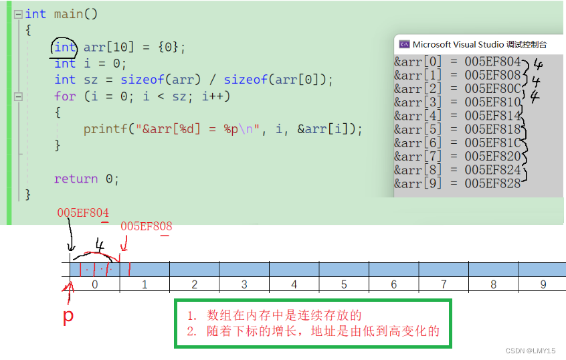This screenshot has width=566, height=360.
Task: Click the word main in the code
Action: pyautogui.click(x=68, y=14)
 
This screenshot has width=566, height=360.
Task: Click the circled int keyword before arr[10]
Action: pyautogui.click(x=65, y=48)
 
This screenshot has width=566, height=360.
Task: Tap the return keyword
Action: pyautogui.click(x=76, y=179)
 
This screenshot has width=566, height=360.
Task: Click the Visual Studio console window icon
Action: pyautogui.click(x=404, y=44)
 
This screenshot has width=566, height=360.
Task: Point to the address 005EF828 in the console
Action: pyautogui.click(x=492, y=183)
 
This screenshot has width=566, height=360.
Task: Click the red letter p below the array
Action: pyautogui.click(x=68, y=316)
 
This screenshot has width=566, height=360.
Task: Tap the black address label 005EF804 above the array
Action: pyautogui.click(x=83, y=213)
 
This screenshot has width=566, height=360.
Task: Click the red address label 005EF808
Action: pyautogui.click(x=146, y=226)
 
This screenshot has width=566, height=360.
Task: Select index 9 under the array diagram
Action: pyautogui.click(x=543, y=285)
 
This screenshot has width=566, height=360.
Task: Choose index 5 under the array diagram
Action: pyautogui.click(x=344, y=285)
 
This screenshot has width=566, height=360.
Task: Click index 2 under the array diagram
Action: pyautogui.click(x=194, y=285)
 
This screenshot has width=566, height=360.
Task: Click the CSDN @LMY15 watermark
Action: pyautogui.click(x=531, y=350)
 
